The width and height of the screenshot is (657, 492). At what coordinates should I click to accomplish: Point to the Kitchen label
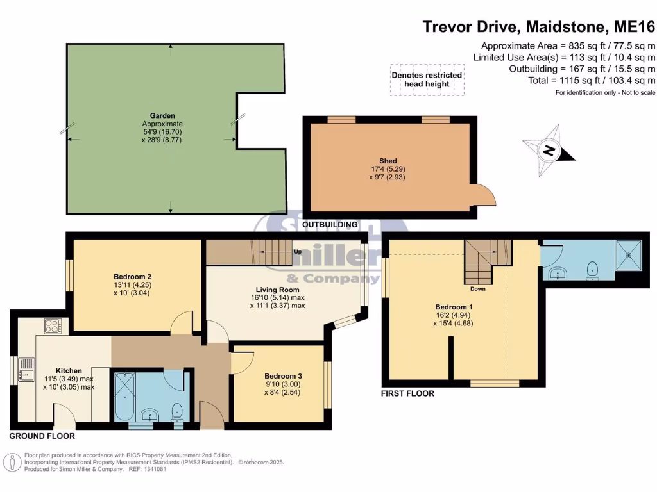[69, 371]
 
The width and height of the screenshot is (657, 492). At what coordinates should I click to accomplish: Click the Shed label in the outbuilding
[388, 161]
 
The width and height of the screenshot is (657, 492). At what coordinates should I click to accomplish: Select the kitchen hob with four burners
[52, 326]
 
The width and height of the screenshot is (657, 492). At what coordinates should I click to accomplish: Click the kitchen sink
[28, 370]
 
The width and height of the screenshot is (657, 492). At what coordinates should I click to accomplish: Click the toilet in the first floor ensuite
[593, 270]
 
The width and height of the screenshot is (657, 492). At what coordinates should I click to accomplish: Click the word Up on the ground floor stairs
[298, 252]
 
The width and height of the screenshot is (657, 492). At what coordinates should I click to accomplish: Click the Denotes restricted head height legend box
[427, 79]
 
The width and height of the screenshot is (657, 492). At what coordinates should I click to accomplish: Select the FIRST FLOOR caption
[408, 393]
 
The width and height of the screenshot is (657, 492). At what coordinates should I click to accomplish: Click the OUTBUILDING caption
[330, 225]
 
